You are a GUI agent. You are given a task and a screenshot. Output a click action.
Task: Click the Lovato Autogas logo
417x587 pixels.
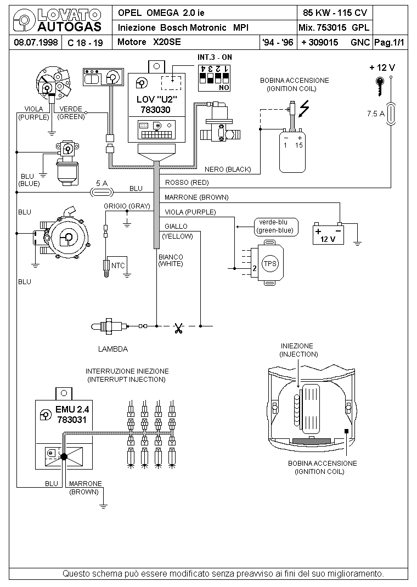pos(57,20)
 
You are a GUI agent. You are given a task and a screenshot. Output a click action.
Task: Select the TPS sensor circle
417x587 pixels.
pos(269,263)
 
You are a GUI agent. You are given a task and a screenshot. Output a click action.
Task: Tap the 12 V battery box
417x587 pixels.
pos(328,234)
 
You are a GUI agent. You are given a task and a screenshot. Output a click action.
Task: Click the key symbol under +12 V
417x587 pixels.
pos(380,86)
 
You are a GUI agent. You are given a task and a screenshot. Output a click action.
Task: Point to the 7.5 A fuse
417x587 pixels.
pos(391,114)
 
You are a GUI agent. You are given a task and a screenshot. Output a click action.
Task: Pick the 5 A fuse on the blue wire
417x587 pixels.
pos(102,193)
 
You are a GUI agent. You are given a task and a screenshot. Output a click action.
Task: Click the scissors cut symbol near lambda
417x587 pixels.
pos(178,328)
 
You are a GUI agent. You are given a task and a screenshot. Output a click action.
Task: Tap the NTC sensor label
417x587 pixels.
pos(118,266)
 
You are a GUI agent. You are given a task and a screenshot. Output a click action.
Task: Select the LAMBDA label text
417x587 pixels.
pos(113,349)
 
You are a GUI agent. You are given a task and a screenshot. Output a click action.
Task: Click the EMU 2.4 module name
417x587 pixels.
pos(72,409)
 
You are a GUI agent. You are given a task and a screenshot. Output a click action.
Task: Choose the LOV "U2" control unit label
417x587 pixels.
pos(156,100)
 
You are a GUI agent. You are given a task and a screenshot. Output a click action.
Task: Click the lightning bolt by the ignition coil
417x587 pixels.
pos(305,108)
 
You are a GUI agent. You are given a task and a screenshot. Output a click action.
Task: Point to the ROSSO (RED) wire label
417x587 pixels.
pos(187,183)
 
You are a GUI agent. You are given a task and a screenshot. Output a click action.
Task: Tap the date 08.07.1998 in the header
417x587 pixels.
pos(36,42)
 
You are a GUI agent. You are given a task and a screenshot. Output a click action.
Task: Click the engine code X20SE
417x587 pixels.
pos(167,42)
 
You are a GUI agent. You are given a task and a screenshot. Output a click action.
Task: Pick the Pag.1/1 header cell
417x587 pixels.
pos(390,42)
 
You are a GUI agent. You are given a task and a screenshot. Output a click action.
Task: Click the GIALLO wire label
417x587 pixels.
pos(176,227)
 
